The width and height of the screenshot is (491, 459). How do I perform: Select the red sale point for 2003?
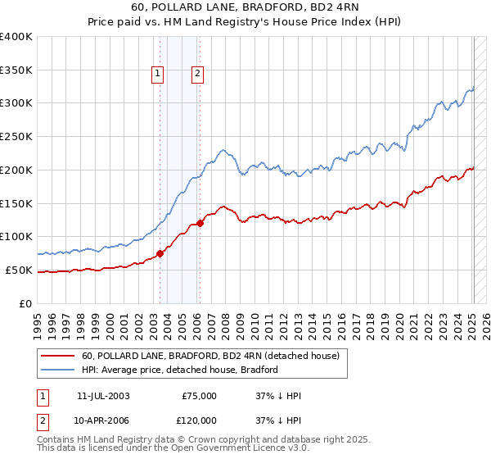click(x=160, y=253)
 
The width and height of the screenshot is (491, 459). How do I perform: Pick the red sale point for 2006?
click(x=200, y=223)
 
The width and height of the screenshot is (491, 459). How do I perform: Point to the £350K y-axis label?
click(x=16, y=70)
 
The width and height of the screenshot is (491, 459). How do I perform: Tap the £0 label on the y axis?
click(x=27, y=303)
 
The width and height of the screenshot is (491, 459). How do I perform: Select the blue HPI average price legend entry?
click(x=180, y=370)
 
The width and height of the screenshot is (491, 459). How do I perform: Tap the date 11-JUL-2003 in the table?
click(x=103, y=396)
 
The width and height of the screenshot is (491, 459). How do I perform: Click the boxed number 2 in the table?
click(x=42, y=420)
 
